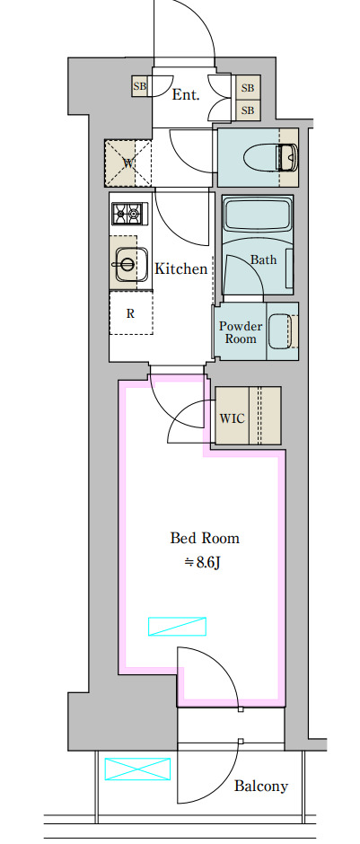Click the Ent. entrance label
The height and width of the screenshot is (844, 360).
click(x=186, y=95)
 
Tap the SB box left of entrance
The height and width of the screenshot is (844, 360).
click(x=140, y=87)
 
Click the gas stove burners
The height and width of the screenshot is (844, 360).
click(x=129, y=214)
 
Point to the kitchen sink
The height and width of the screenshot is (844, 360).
click(x=128, y=264)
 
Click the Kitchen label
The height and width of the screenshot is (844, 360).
click(x=180, y=268)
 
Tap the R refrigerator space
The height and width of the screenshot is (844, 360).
click(x=131, y=313)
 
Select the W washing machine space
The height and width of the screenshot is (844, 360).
click(x=128, y=163)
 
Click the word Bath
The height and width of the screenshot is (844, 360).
click(x=264, y=259)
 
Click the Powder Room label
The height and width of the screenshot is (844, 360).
click(x=241, y=332)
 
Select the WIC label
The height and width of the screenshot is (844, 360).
click(x=232, y=418)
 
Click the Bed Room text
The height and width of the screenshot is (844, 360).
click(x=205, y=538)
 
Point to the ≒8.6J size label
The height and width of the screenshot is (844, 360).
click(x=204, y=562)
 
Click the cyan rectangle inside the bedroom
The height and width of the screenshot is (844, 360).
click(x=177, y=626)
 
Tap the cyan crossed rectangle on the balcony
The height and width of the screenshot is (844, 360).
click(x=137, y=769)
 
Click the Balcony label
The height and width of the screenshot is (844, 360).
click(x=261, y=787)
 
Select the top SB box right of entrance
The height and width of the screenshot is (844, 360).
click(x=248, y=88)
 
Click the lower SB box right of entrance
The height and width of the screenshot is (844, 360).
click(x=248, y=110)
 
